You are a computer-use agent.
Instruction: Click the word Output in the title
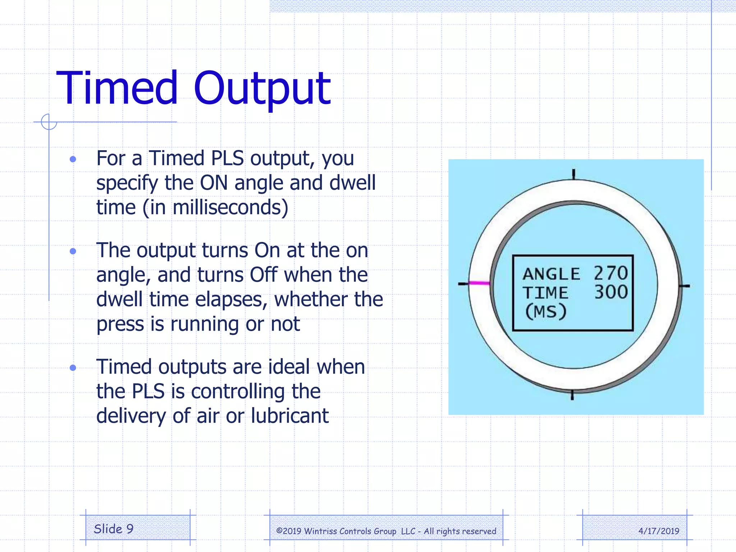click(262, 89)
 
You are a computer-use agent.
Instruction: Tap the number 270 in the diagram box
click(611, 273)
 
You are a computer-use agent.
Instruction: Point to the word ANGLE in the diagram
click(551, 274)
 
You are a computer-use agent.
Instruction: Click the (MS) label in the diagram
click(546, 311)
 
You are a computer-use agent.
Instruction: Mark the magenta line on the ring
click(479, 283)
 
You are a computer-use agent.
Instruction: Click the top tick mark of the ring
click(574, 174)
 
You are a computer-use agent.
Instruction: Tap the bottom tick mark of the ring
click(572, 395)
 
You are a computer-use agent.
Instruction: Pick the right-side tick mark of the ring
click(684, 286)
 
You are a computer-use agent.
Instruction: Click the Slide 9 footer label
click(114, 529)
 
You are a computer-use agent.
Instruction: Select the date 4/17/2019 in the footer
click(659, 531)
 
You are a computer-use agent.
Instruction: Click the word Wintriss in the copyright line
click(321, 531)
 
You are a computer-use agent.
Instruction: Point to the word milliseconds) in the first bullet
click(230, 208)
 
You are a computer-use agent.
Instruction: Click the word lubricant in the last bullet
click(290, 416)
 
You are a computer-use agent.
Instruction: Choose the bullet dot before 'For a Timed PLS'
click(73, 159)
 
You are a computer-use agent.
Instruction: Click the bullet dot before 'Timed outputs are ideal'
click(73, 367)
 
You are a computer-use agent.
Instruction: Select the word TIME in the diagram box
click(545, 293)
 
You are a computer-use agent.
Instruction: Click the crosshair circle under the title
click(49, 122)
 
